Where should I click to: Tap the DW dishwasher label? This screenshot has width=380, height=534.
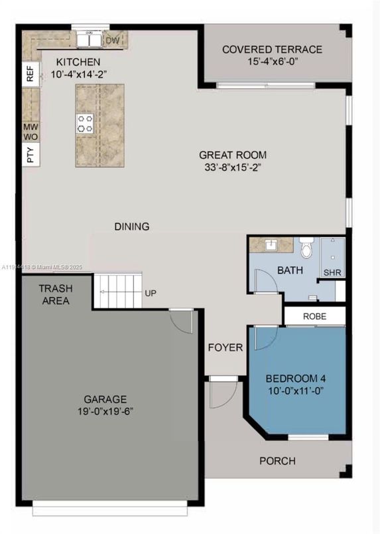(113, 41)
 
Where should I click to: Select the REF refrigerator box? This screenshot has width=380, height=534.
(30, 73)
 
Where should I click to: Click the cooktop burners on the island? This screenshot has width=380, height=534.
(86, 123)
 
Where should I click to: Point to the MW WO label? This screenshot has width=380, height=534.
(31, 132)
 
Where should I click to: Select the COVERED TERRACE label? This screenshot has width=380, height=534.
(272, 49)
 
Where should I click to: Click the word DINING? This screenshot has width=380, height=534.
(131, 226)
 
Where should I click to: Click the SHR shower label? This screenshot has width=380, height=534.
(332, 272)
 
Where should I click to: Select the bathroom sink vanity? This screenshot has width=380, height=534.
(271, 245)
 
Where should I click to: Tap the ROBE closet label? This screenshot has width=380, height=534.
(314, 316)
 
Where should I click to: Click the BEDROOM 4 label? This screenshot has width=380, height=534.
(296, 379)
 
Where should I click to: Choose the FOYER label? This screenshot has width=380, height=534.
(225, 347)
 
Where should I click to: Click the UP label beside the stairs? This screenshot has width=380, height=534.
(151, 292)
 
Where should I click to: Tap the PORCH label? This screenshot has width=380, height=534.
(277, 461)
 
